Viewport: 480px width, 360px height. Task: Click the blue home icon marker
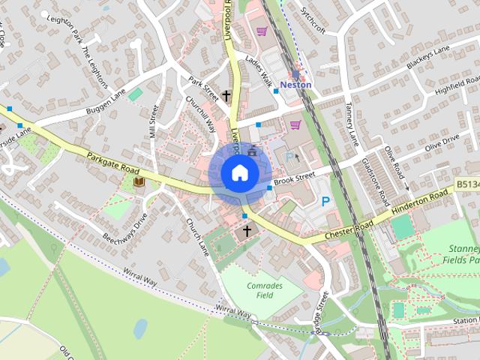(x=238, y=173)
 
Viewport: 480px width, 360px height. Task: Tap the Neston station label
(x=295, y=85)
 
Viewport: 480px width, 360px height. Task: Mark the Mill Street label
(x=154, y=123)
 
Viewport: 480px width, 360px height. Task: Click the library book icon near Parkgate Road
(x=138, y=181)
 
